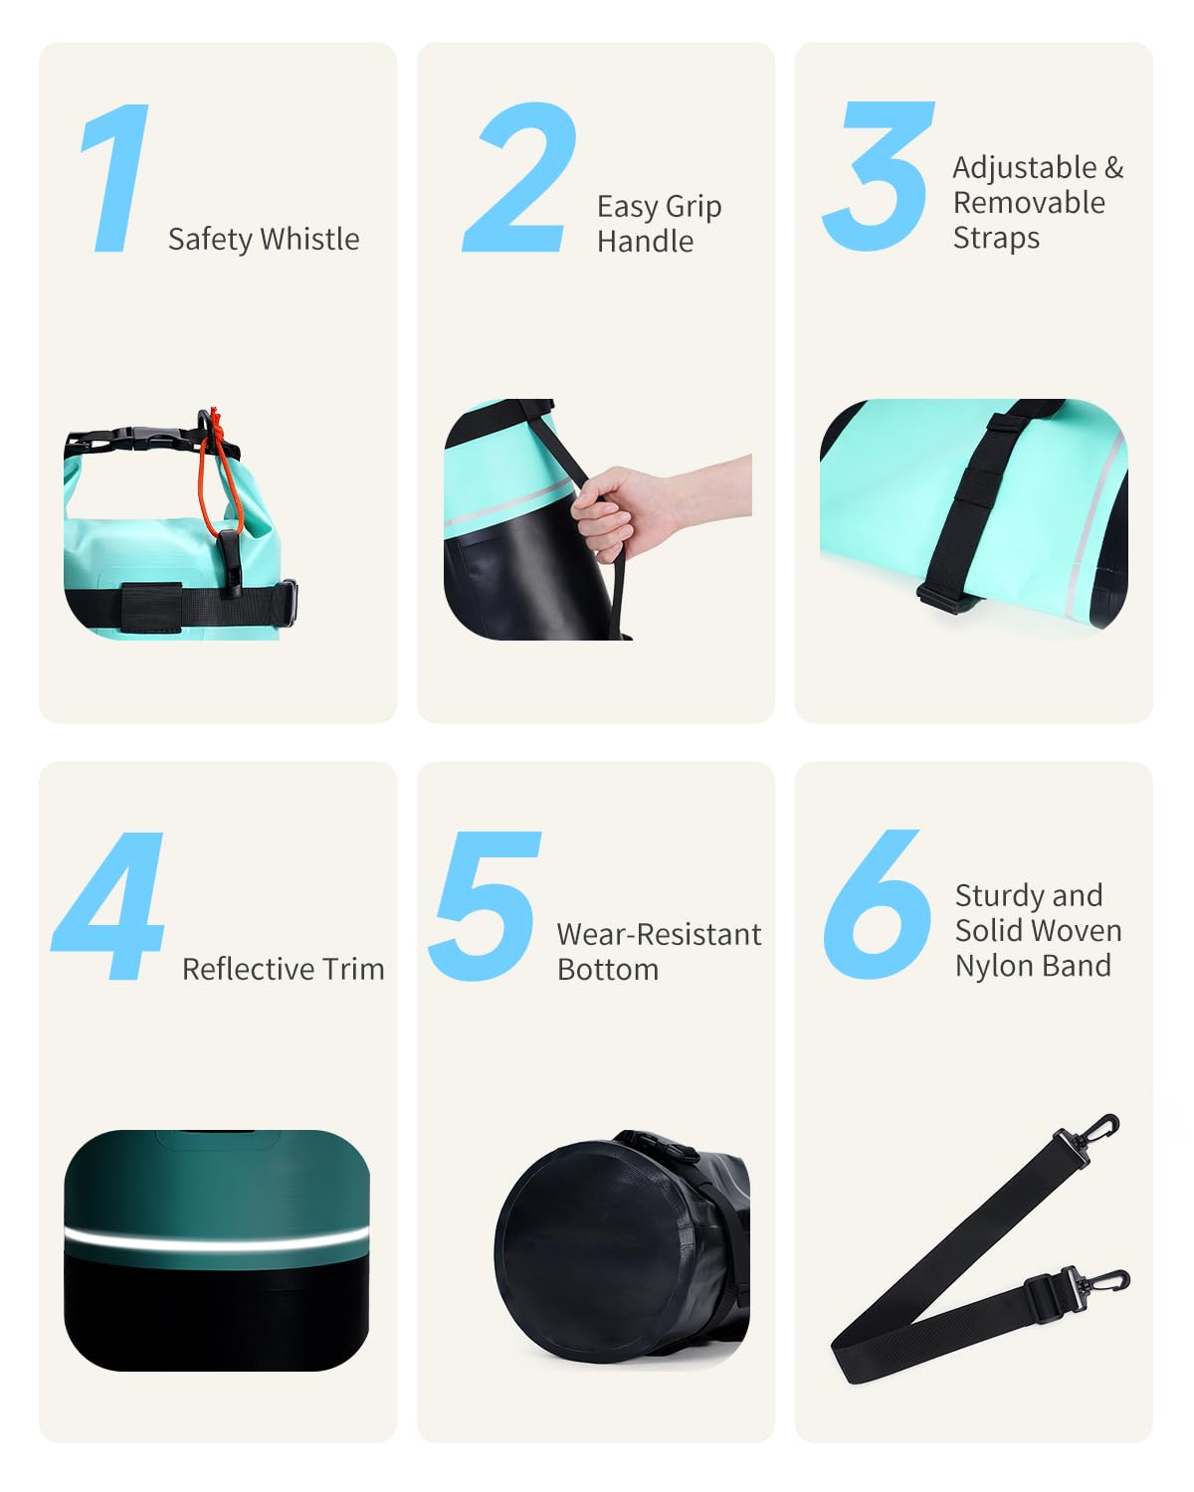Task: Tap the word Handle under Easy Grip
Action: [645, 241]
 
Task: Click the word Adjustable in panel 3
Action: [1025, 167]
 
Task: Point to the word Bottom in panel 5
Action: [608, 970]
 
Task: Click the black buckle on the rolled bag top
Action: [149, 438]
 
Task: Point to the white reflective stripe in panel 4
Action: [216, 1239]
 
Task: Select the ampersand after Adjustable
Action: [1114, 167]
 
